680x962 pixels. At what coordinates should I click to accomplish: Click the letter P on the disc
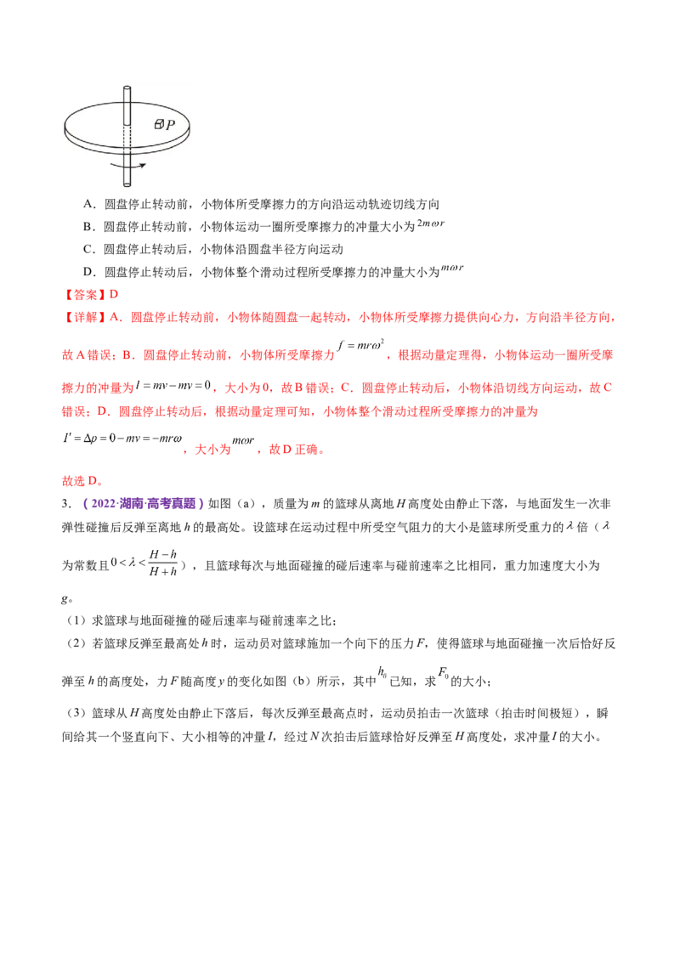171,125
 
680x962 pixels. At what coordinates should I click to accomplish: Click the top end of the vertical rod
127,88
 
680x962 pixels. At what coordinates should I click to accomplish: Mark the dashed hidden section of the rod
127,139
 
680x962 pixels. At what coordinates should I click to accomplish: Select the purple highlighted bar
143,503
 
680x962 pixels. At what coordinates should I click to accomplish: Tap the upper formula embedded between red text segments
361,348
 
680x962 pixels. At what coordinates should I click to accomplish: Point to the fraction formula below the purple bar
148,562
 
